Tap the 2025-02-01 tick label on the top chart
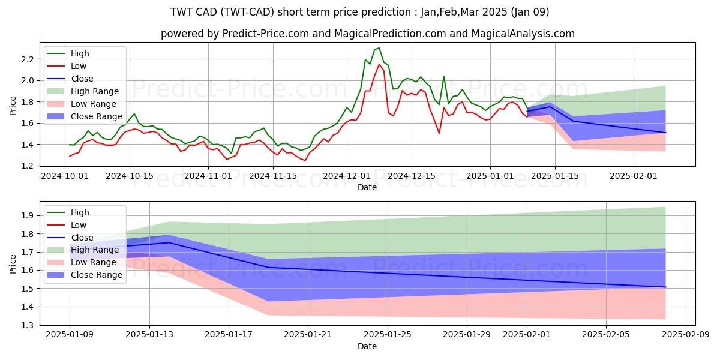click(x=634, y=176)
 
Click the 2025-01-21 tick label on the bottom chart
click(x=308, y=335)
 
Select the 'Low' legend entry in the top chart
click(x=79, y=66)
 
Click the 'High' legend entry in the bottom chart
click(x=80, y=212)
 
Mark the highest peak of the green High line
click(x=379, y=48)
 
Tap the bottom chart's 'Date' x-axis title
click(x=367, y=346)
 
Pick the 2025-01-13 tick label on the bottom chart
click(x=149, y=335)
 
